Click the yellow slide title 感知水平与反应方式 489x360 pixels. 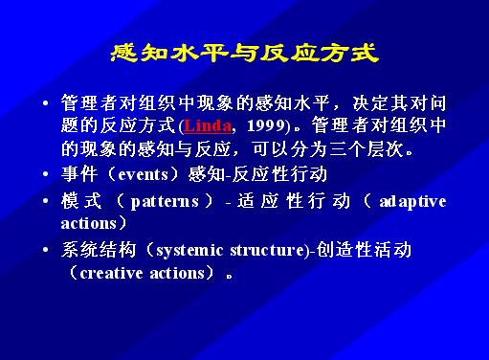245,53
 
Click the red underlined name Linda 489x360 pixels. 208,125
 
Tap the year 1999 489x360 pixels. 266,125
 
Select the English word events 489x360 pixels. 144,174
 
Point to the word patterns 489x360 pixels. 165,202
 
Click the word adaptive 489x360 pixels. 412,202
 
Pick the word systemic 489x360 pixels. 189,251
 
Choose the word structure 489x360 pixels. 267,250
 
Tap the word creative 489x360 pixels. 111,273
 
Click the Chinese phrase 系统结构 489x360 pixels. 99,250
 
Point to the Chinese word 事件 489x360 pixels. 79,174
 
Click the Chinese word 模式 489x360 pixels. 81,201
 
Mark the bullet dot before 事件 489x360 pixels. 46,174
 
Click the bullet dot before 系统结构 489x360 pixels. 46,250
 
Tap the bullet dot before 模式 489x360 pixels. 46,201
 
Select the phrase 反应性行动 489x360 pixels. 279,174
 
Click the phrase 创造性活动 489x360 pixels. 364,250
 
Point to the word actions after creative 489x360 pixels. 177,273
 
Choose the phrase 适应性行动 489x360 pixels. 294,201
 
